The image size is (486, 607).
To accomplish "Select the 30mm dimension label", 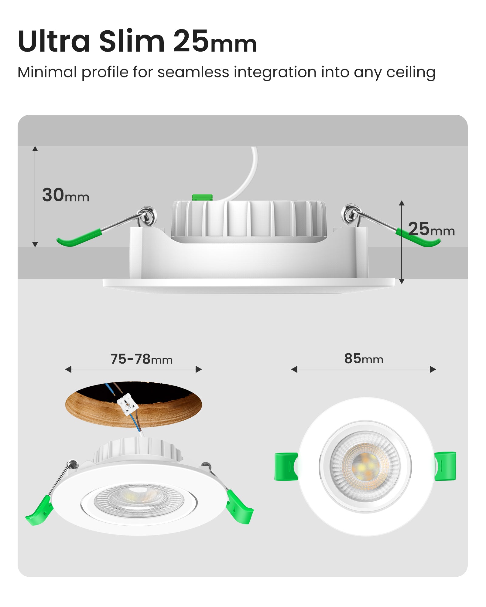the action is point(66,195).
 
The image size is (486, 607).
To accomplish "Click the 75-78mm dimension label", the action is point(141,359).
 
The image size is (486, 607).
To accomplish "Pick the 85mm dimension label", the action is point(364,359).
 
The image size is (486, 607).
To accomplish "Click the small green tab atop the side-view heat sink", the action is point(202,197).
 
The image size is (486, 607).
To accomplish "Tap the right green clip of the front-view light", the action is point(445,466).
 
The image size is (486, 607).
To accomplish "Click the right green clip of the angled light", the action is point(240,507).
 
